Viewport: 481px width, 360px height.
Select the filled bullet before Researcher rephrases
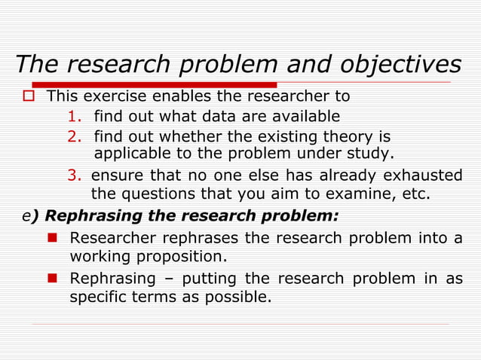click(53, 239)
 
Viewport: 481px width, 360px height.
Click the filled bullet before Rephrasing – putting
click(53, 279)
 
